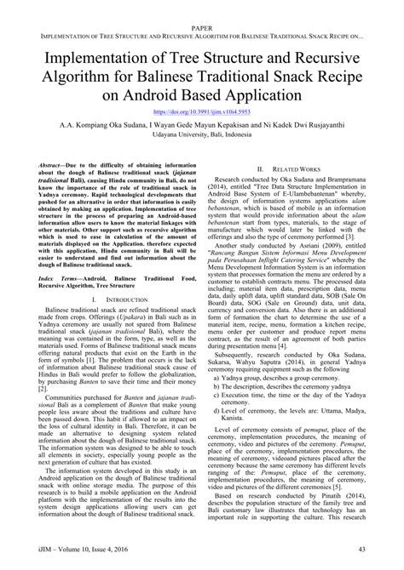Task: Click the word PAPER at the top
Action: coord(201,6)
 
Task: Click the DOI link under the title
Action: coord(201,111)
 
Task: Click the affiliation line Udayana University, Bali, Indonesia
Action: coord(201,135)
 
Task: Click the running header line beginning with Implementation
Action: coord(201,18)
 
